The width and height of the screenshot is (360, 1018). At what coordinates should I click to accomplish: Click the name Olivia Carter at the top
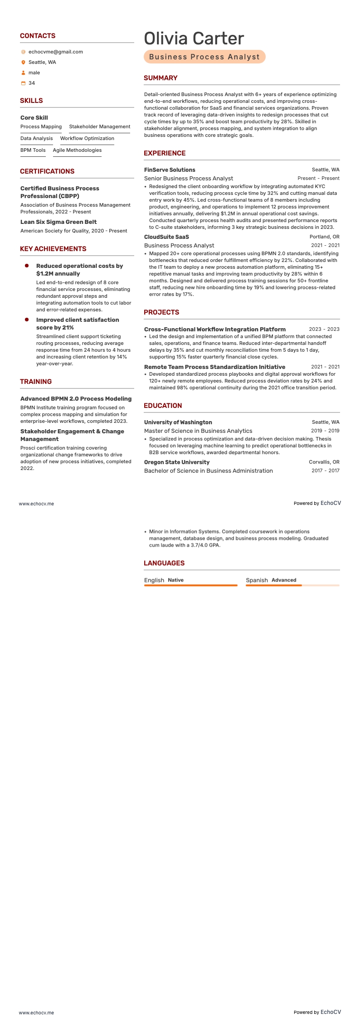pos(194,39)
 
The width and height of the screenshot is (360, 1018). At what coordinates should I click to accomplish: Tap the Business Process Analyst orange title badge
pos(204,57)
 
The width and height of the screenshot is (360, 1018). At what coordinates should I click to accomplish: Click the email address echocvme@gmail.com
pos(55,52)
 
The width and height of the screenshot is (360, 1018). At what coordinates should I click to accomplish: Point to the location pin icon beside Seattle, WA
pos(24,63)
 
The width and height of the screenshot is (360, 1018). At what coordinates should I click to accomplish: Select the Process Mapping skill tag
pos(41,127)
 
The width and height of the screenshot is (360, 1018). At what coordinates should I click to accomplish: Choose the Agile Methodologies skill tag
pos(77,150)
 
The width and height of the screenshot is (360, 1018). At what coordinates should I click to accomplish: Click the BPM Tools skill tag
pos(33,150)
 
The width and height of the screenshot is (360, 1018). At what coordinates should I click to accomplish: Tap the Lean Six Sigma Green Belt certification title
pos(58,222)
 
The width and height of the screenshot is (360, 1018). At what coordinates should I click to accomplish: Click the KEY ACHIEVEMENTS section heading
pos(53,249)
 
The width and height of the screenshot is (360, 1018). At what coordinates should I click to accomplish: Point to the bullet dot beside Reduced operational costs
pos(27,266)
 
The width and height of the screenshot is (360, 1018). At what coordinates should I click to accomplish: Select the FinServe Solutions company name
pos(170,170)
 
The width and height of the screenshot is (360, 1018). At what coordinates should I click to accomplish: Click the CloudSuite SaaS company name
pos(166,237)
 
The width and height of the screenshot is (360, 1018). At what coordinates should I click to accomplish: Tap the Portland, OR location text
pos(324,237)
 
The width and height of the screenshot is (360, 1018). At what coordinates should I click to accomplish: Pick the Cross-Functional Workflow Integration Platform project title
pos(215,330)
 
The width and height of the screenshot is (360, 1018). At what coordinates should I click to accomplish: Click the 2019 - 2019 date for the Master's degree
pos(325,431)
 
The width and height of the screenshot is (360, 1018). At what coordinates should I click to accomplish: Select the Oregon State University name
pos(177,462)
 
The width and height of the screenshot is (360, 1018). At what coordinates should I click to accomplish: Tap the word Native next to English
pos(175,580)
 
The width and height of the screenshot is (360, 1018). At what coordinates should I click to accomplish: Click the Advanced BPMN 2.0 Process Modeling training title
pos(76,399)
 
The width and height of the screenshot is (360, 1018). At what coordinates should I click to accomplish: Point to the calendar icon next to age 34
pos(24,83)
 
